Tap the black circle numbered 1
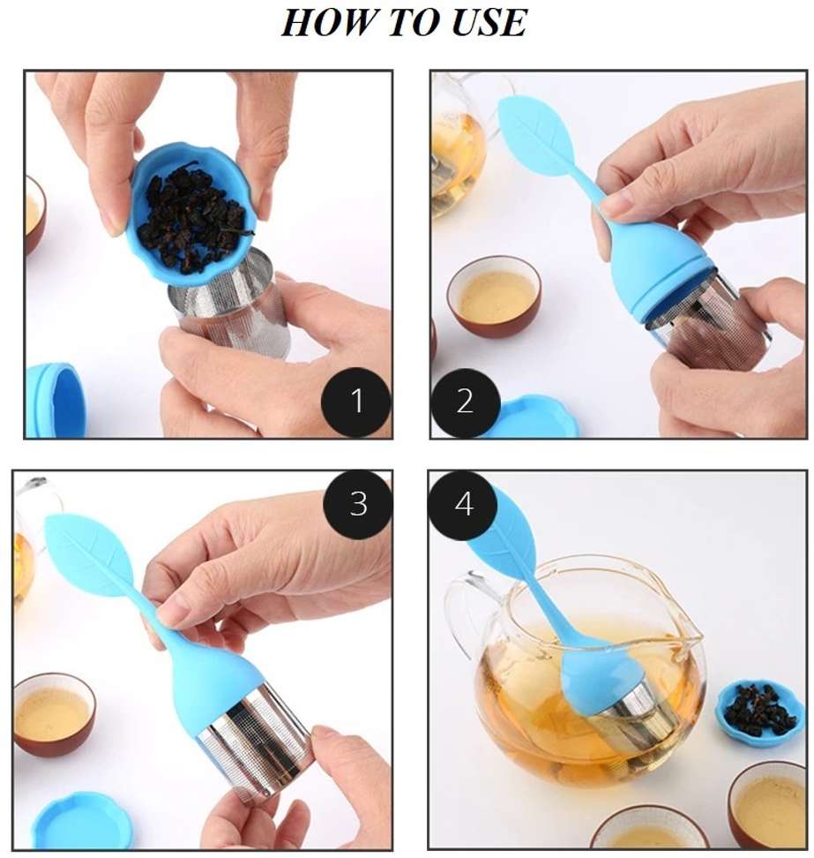(356, 402)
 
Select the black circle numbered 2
(466, 402)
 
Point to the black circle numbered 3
(358, 502)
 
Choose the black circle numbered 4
(463, 502)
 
